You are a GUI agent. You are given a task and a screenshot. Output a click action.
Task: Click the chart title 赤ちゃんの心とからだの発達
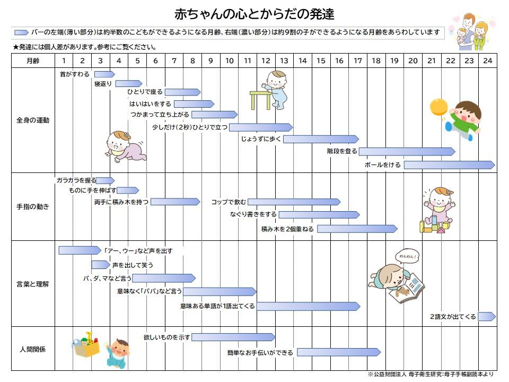coord(254,14)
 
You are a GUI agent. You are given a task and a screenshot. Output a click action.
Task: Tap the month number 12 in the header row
coord(266,60)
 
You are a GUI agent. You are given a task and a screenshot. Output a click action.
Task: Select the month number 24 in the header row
coord(487,60)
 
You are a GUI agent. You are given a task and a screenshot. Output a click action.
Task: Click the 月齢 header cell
coord(33,60)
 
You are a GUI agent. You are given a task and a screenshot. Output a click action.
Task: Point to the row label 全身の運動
coord(33,120)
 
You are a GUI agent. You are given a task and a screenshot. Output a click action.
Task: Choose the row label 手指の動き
coord(33,206)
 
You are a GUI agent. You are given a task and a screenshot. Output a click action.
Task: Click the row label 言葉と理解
coord(33,284)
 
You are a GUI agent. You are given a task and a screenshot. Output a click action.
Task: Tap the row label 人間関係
coord(33,350)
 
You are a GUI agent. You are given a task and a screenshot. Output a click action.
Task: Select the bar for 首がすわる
coord(104,74)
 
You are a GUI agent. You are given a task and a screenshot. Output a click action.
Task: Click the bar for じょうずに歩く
coord(321,140)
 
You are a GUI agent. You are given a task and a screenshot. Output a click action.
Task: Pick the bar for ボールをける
coord(449,165)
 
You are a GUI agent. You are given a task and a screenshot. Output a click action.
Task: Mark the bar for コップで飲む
coord(294,202)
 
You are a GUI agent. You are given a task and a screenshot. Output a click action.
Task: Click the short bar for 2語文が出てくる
coord(487,316)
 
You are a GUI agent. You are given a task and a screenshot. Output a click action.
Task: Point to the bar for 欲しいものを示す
coord(233,337)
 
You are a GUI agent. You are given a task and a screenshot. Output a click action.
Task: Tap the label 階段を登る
coord(342,151)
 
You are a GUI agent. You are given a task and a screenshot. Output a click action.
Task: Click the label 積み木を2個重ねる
coord(287,229)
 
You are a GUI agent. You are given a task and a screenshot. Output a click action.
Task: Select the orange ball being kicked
coord(439,107)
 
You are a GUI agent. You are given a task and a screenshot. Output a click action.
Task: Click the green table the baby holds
coord(260,100)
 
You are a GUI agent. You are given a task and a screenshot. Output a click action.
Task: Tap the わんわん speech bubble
coord(407,257)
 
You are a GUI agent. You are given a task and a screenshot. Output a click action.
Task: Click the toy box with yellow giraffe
coord(86,345)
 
